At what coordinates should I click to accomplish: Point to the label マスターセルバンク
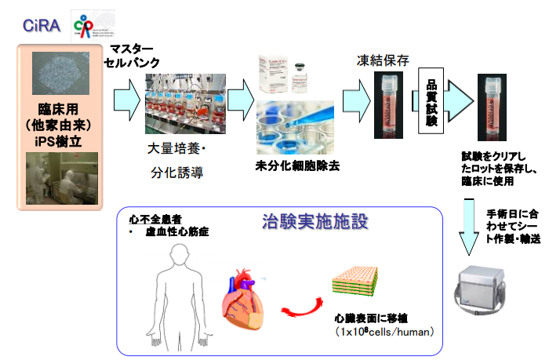136,56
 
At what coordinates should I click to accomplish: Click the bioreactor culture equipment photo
185,104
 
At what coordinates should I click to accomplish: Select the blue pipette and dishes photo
297,128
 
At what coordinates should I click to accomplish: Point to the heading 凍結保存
382,59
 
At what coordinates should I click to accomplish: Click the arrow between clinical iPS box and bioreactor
124,100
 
